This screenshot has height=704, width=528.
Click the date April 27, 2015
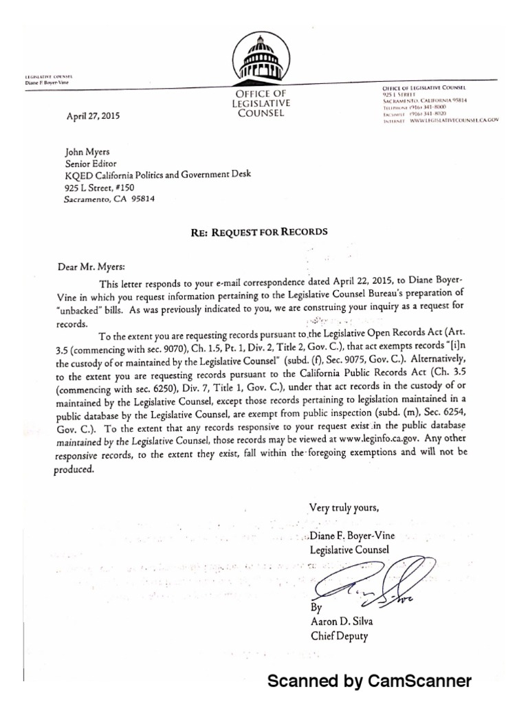tap(93, 116)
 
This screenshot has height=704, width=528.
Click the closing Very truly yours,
tap(343, 508)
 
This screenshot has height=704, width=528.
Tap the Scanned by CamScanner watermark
tap(368, 681)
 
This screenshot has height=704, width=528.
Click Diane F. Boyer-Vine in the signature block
tap(351, 536)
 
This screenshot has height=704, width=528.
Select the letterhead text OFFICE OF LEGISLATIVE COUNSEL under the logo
tap(260, 102)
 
